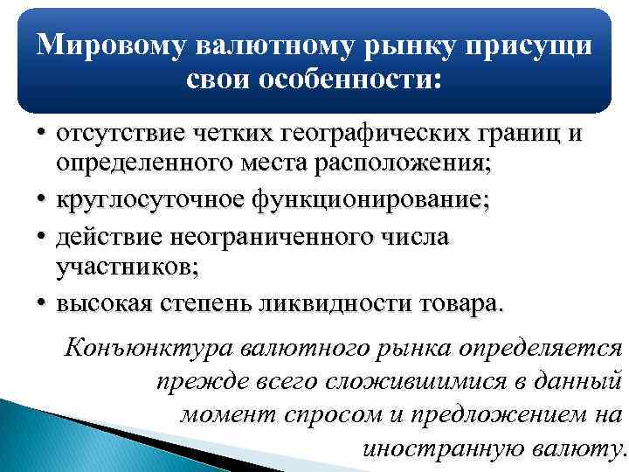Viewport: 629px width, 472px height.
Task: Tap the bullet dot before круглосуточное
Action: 41,199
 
